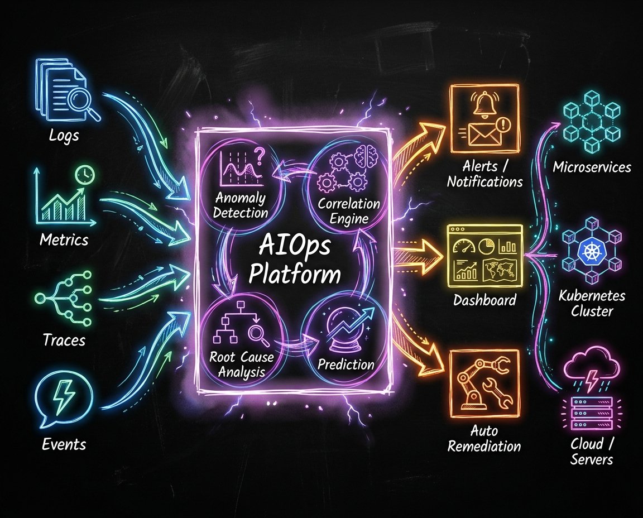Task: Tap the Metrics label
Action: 64,240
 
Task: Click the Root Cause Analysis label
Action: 238,363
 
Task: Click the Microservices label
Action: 592,167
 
